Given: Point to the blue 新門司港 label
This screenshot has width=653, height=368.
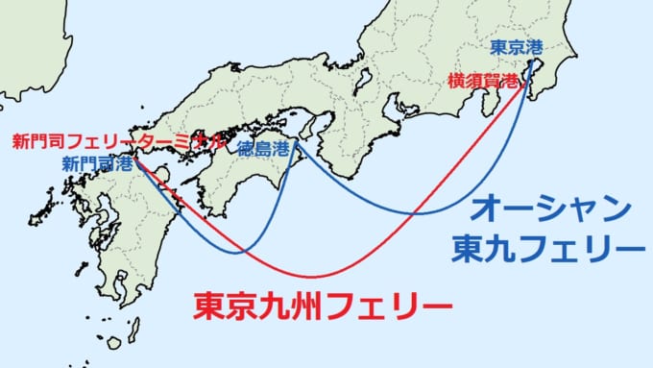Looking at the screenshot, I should click(97, 163).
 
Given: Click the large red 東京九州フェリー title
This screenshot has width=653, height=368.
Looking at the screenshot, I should click(322, 307).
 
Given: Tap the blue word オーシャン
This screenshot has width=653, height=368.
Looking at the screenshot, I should click(555, 208).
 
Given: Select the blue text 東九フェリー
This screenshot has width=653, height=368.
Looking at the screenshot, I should click(546, 247).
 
